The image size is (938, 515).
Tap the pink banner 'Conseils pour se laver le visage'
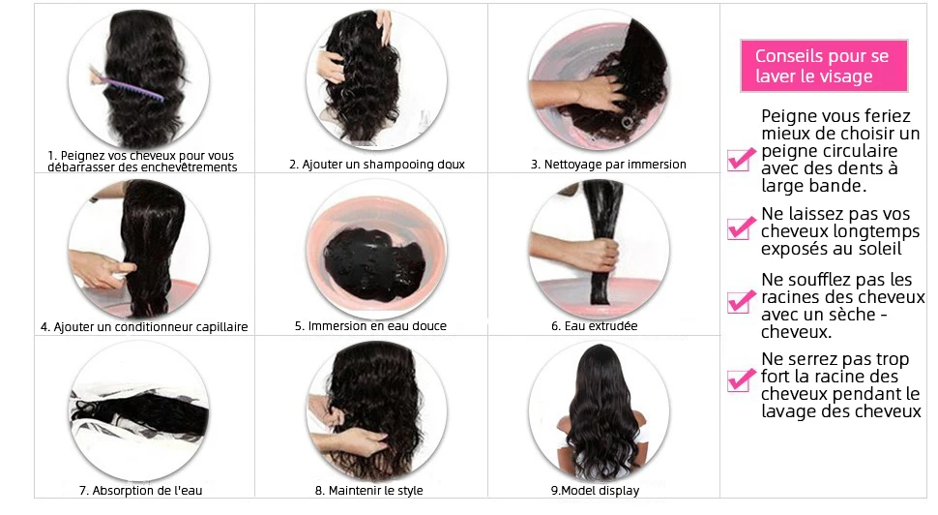click(x=824, y=66)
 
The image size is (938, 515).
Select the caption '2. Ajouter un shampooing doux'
click(x=377, y=164)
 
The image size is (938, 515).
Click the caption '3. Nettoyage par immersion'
click(x=608, y=164)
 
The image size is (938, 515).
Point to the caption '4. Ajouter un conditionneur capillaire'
click(x=144, y=327)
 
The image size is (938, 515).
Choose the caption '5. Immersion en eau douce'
click(x=370, y=326)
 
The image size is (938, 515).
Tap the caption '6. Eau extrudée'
click(x=594, y=326)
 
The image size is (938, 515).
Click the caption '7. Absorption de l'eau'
click(x=140, y=491)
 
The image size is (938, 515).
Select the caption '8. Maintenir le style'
click(x=369, y=491)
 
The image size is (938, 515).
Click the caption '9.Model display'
click(x=596, y=491)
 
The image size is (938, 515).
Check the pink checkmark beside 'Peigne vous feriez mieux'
click(x=741, y=160)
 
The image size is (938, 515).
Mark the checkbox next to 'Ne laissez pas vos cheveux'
click(x=741, y=228)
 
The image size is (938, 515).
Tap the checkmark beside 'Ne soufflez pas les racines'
click(x=741, y=301)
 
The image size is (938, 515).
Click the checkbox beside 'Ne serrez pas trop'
click(x=741, y=380)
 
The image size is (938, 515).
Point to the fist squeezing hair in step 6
click(x=601, y=256)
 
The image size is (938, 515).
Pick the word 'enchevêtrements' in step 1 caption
click(x=191, y=167)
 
